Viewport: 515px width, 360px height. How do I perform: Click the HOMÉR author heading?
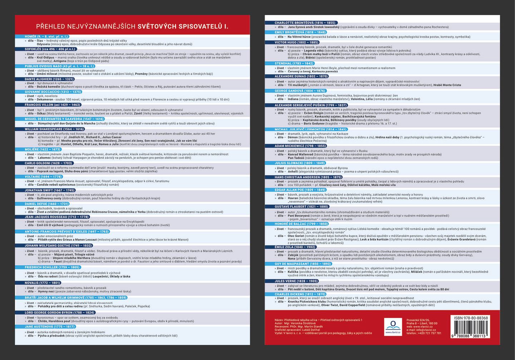[x=46, y=37]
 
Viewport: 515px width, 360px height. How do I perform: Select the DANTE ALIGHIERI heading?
[x=49, y=79]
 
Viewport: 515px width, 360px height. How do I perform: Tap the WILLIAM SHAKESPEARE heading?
[x=54, y=129]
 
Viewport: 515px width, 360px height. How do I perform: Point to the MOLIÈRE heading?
[x=43, y=150]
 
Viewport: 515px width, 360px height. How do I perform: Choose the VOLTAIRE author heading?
[x=43, y=177]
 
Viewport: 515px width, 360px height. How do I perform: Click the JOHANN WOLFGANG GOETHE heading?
[x=58, y=246]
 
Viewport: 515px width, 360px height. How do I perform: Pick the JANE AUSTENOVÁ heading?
[x=49, y=327]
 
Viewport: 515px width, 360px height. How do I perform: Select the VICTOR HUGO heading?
[x=296, y=42]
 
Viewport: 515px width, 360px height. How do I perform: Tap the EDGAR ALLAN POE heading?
[x=300, y=190]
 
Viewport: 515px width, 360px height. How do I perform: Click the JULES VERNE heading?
[x=296, y=281]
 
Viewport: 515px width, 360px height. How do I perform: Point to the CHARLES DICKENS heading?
[x=300, y=294]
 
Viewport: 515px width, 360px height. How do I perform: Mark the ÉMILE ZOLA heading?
[x=295, y=247]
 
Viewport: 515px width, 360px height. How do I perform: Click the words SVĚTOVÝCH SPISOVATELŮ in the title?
[x=183, y=26]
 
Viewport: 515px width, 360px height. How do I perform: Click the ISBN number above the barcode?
[x=471, y=318]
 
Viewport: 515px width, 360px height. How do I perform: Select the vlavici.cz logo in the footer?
[x=393, y=326]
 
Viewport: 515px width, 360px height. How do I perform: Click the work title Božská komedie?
[x=49, y=87]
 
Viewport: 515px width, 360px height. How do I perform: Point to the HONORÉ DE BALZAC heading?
[x=301, y=224]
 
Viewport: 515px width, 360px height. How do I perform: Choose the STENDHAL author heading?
[x=294, y=63]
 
